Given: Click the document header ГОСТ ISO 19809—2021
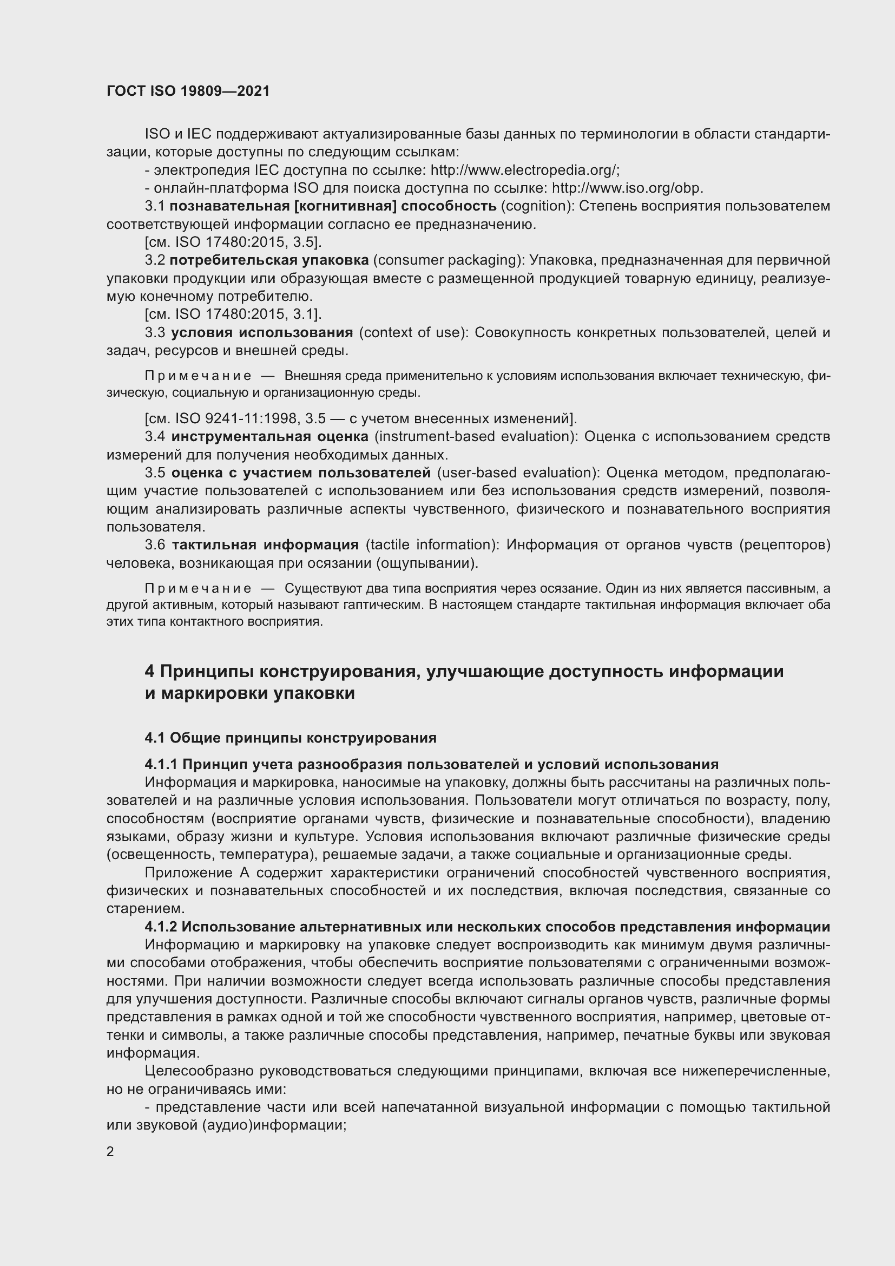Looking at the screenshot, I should (x=188, y=91).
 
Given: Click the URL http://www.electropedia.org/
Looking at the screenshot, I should (x=525, y=170).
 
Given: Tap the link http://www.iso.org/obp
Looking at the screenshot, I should (x=627, y=188).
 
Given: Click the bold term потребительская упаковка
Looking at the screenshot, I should (x=269, y=260).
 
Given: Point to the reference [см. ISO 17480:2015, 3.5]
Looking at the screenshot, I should (x=233, y=242).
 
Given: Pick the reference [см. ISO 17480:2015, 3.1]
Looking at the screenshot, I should (x=233, y=314).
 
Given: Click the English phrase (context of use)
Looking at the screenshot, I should (x=413, y=332).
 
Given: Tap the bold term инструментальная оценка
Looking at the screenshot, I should (x=269, y=437).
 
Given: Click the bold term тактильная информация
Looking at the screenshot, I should (x=265, y=545).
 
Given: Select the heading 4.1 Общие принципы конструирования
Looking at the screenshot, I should (x=291, y=738).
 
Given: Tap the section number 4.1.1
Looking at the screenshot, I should (x=161, y=764).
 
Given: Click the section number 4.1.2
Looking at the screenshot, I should (x=161, y=926).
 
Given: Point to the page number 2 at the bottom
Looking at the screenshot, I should (x=110, y=1151).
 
